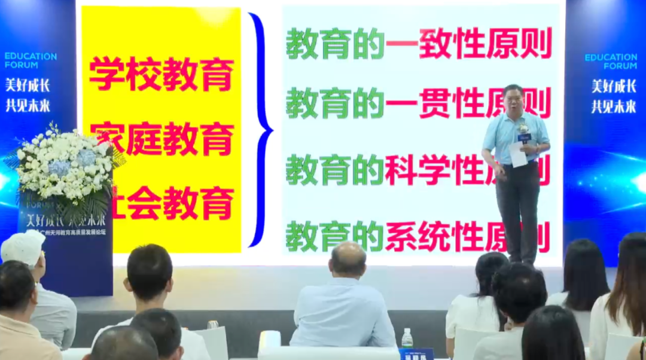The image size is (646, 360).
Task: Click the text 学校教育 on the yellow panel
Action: click(x=161, y=74)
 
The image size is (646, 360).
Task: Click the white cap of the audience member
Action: click(x=23, y=246)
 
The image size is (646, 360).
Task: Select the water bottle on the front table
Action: click(x=407, y=338)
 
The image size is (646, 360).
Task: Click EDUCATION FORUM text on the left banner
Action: click(x=31, y=60)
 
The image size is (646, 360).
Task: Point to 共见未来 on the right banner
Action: click(x=614, y=106)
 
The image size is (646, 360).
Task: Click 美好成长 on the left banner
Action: click(x=28, y=85)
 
